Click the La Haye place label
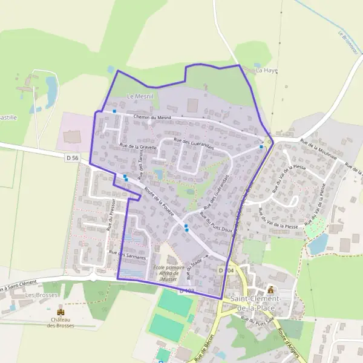[x=267, y=70]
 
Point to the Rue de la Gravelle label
[x=138, y=146]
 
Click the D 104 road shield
[x=226, y=270]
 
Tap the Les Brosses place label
[x=38, y=295]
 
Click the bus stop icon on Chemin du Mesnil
[x=114, y=111]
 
